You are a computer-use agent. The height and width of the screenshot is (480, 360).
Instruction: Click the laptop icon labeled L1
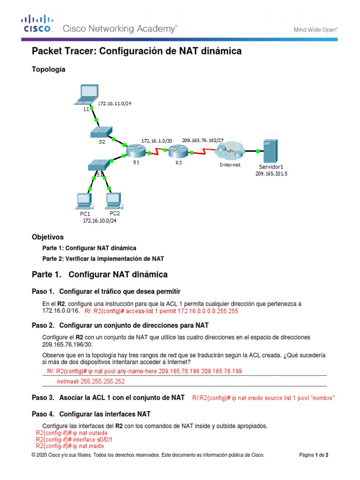point(87,93)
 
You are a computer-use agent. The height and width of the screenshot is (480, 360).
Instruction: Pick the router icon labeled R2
point(178,150)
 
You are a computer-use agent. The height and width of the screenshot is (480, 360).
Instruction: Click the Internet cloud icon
point(230,151)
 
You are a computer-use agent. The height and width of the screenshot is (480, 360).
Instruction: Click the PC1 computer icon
point(84,201)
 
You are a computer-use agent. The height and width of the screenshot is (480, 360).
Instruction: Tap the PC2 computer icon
point(112,201)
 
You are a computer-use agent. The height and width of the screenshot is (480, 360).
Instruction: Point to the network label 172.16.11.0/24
point(114,103)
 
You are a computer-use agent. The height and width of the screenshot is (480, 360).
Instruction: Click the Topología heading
point(48,69)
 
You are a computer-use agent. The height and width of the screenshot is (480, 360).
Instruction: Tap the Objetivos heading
point(47,237)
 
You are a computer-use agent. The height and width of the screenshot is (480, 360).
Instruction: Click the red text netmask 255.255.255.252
point(90,382)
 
